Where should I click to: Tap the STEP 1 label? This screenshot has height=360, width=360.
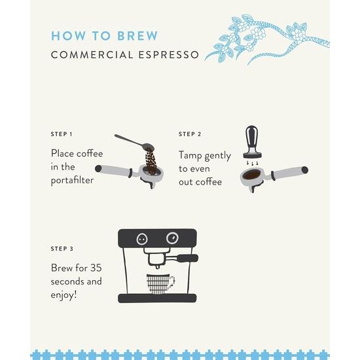pyautogui.click(x=62, y=134)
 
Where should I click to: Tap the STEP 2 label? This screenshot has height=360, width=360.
pyautogui.click(x=190, y=134)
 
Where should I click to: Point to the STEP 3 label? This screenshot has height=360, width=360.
pyautogui.click(x=62, y=249)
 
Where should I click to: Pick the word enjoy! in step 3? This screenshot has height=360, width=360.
pyautogui.click(x=64, y=296)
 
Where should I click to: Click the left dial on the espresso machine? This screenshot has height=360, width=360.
pyautogui.click(x=141, y=239)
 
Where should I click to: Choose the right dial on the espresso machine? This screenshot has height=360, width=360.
pyautogui.click(x=172, y=238)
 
